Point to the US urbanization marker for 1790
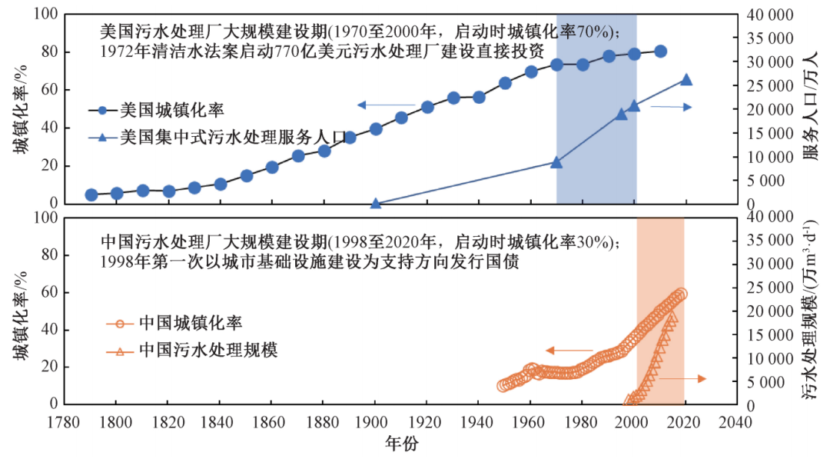(91, 195)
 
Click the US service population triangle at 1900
(376, 203)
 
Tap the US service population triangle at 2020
(686, 80)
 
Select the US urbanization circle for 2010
(660, 52)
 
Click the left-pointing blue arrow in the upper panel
(384, 104)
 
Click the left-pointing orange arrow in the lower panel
(569, 351)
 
